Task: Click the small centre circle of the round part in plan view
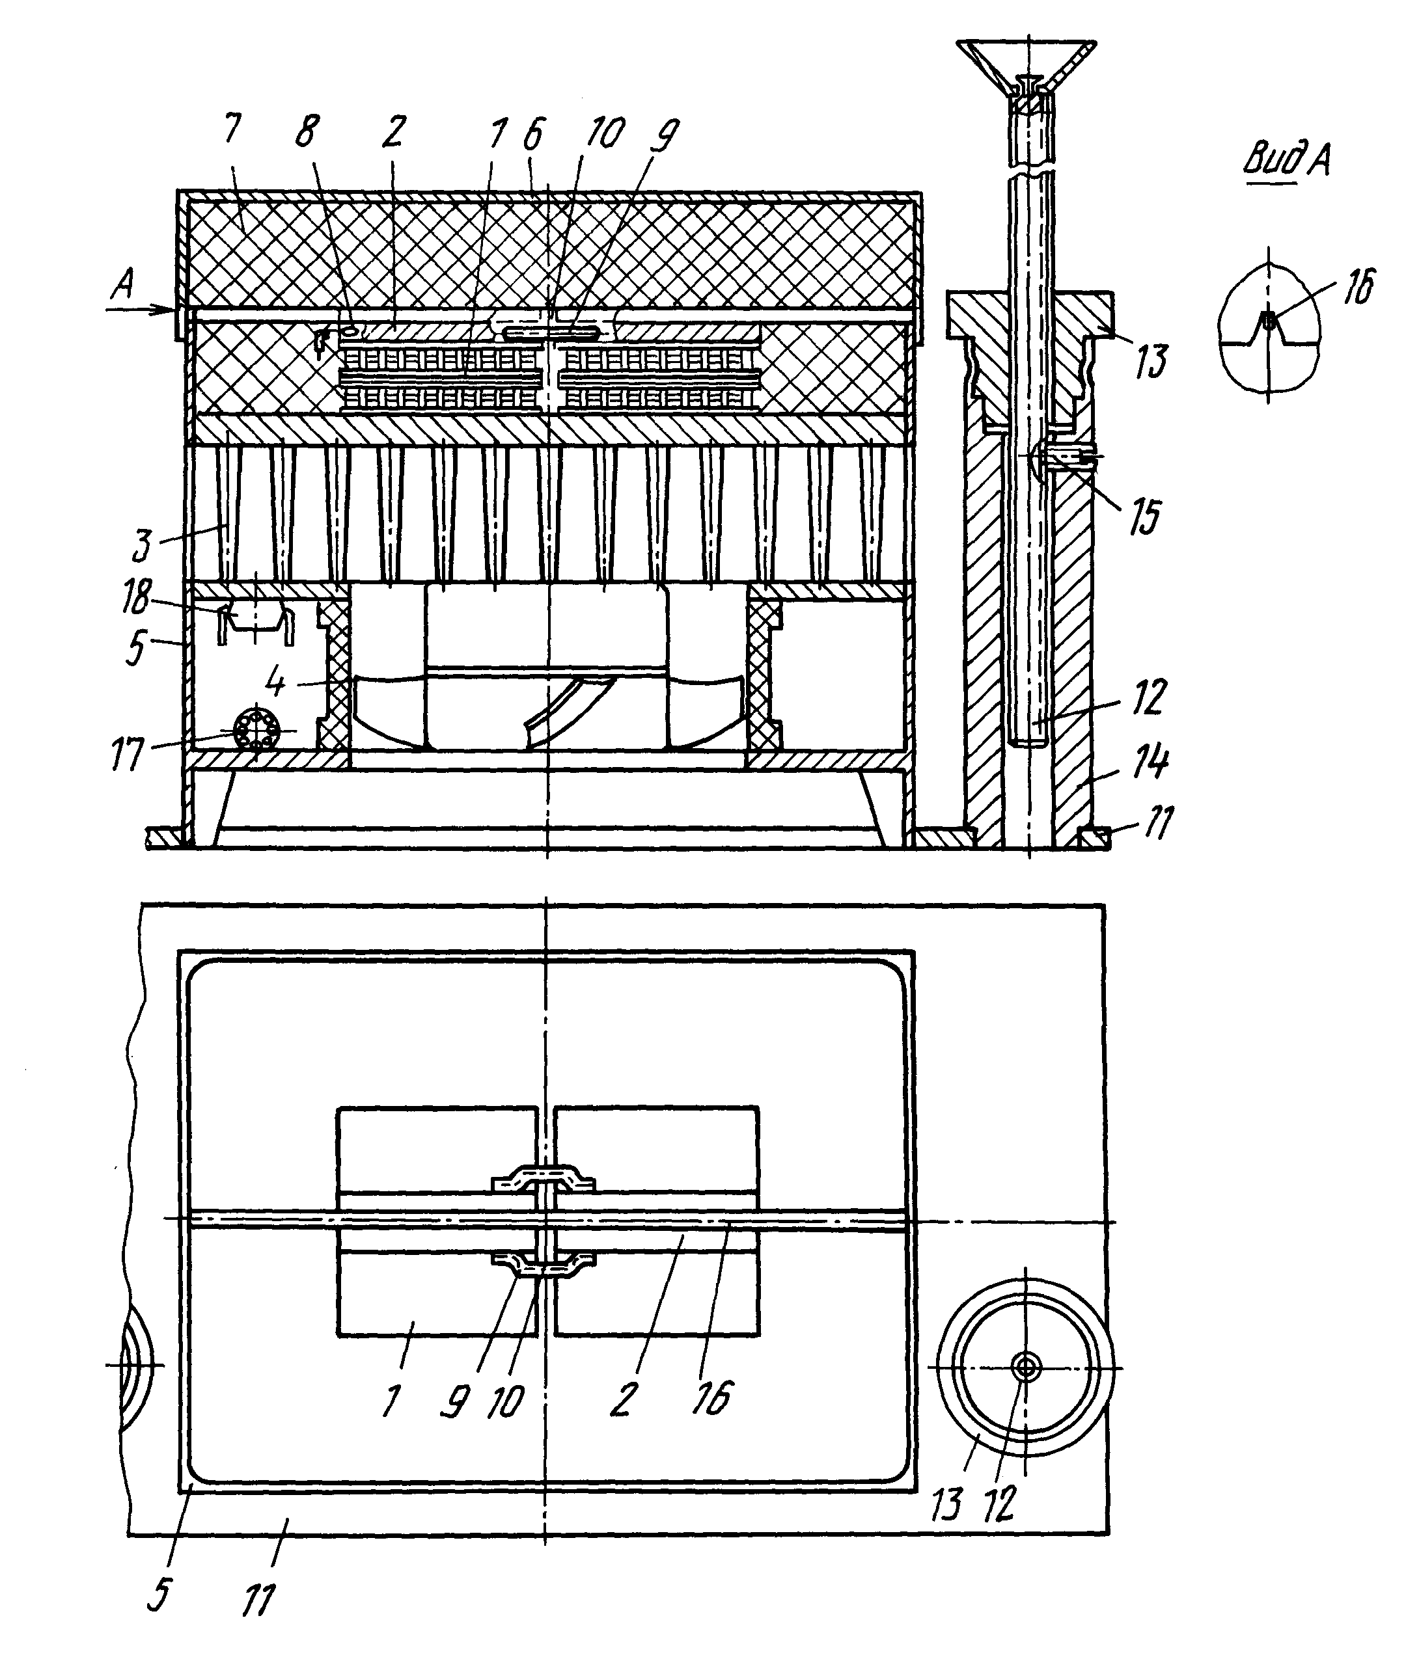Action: coord(1026,1367)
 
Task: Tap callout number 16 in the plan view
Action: coord(711,1397)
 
